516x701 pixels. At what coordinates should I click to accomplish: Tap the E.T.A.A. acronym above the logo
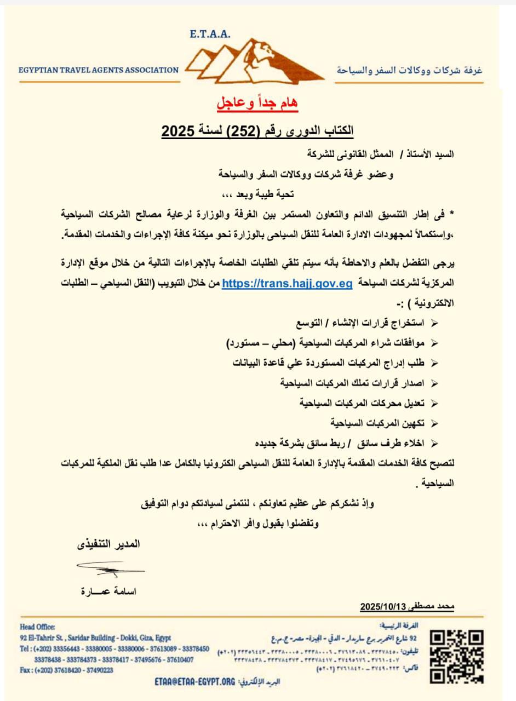[211, 35]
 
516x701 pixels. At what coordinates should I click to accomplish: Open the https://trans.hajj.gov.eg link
[287, 284]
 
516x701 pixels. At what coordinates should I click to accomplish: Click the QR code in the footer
[456, 657]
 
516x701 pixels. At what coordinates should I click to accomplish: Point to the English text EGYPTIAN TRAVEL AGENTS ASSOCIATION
[99, 70]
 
